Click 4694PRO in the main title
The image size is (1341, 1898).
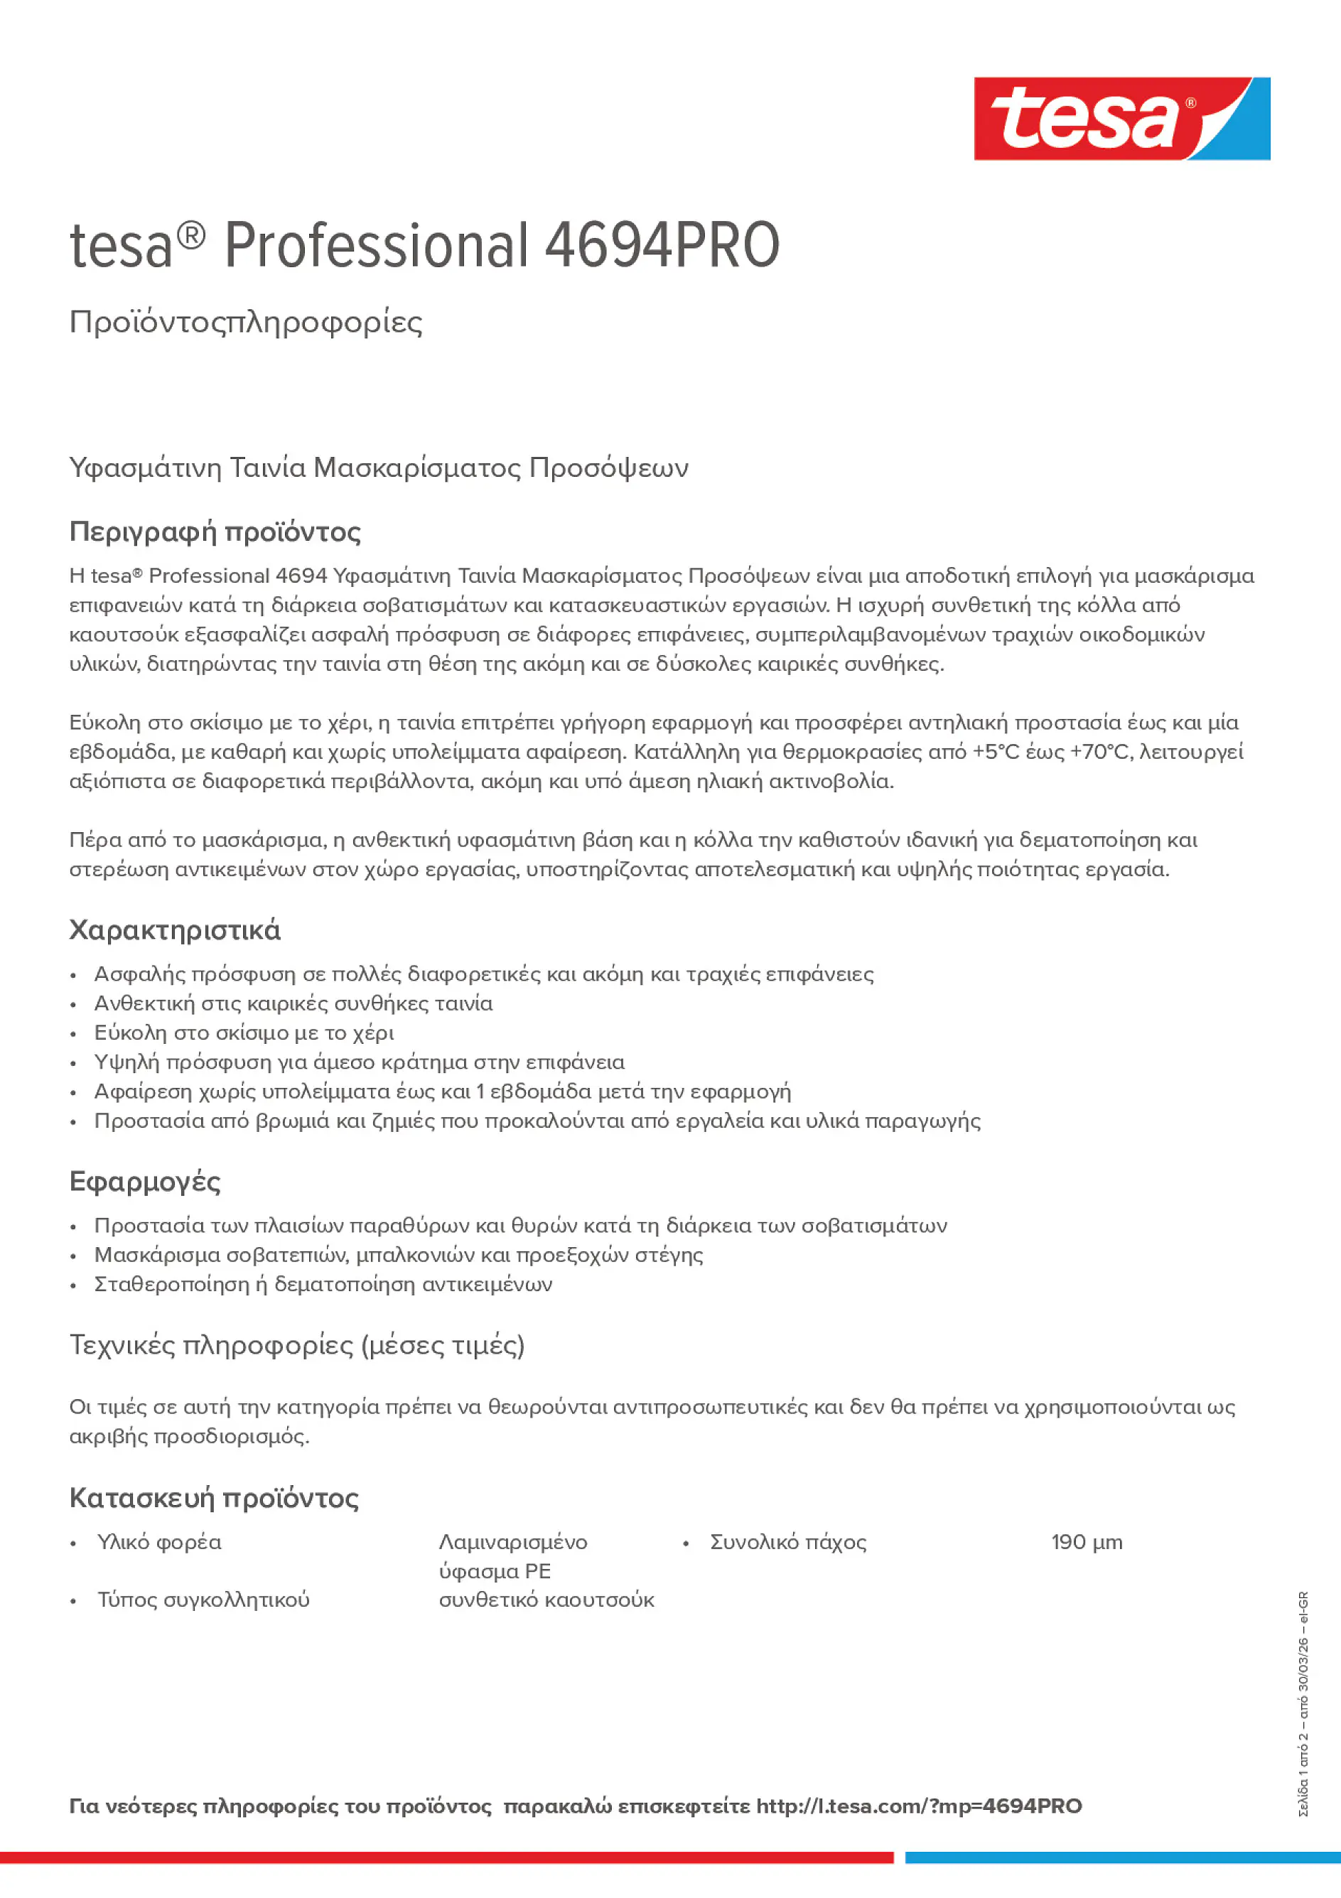click(x=662, y=246)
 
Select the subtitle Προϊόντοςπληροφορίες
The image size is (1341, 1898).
click(x=246, y=322)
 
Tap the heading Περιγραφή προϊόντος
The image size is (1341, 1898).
click(x=215, y=531)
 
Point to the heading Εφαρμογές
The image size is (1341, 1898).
click(x=145, y=1181)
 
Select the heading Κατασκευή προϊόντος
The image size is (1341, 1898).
click(x=214, y=1498)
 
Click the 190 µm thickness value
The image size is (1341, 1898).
click(x=1087, y=1543)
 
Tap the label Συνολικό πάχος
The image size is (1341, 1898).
click(x=788, y=1543)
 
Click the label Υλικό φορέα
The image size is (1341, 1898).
click(x=160, y=1543)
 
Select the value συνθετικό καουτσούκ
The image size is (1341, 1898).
click(x=546, y=1600)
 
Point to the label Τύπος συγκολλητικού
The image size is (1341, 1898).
click(x=203, y=1600)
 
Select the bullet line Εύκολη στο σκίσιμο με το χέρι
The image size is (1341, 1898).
click(x=244, y=1032)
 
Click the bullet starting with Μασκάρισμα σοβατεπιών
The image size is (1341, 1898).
click(x=399, y=1255)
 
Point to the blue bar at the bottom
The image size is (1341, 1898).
click(x=1122, y=1857)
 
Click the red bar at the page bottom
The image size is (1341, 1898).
click(x=446, y=1857)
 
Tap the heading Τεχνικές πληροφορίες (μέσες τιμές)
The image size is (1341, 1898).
click(x=297, y=1345)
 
